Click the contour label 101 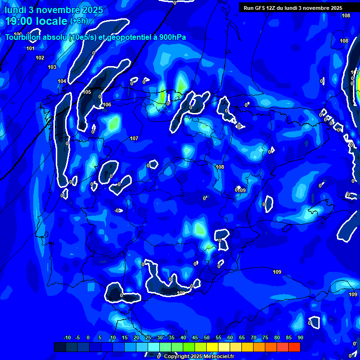tap(30, 48)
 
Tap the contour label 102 tap(40, 58)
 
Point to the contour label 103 tap(52, 67)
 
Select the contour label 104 tap(62, 81)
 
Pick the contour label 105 tap(87, 92)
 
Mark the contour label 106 tap(107, 105)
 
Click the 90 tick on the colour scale tap(300, 337)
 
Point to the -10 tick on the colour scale tap(67, 337)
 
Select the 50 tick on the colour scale tap(206, 337)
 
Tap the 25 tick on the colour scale tap(148, 337)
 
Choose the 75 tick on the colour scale tap(265, 337)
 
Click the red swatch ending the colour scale tap(294, 347)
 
